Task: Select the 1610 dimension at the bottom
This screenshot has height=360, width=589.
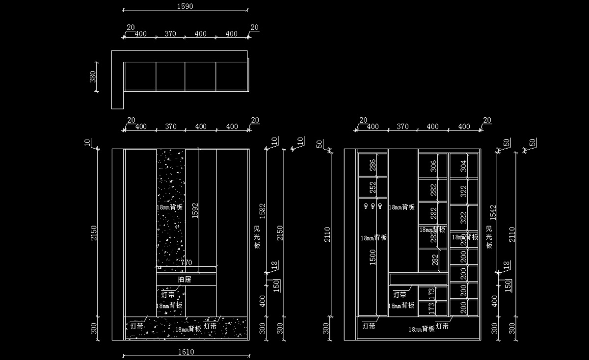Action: [x=186, y=351]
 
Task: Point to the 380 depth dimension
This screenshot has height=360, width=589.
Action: [x=93, y=77]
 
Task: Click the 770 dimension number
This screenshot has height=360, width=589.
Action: [x=187, y=263]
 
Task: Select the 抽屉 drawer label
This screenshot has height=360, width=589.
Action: [x=185, y=279]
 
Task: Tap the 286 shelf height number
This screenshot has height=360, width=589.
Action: [x=373, y=165]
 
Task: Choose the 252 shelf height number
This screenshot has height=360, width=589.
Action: [x=373, y=187]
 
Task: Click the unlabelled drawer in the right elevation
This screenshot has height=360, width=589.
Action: [x=418, y=279]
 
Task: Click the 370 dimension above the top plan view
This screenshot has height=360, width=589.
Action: [x=170, y=34]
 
